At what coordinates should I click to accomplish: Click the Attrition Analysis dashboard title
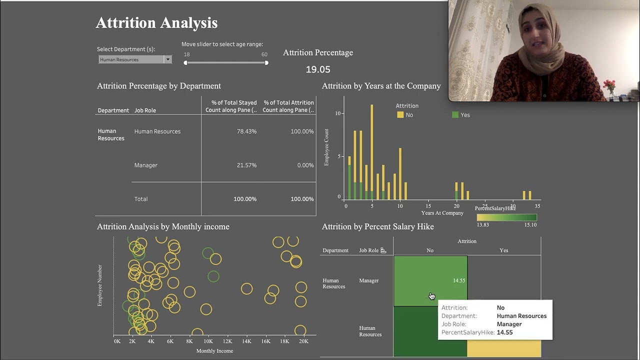click(x=156, y=23)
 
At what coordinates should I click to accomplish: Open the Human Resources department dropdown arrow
click(x=168, y=59)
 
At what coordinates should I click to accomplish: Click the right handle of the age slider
click(x=266, y=63)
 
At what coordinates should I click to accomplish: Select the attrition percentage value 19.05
click(x=318, y=69)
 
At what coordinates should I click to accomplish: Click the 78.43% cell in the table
click(x=246, y=131)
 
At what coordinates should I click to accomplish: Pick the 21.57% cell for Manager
click(x=246, y=165)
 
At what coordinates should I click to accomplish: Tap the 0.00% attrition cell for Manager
click(x=305, y=165)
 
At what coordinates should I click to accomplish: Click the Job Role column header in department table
click(x=145, y=110)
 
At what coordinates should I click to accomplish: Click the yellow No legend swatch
click(x=400, y=115)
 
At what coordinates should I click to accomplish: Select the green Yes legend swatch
click(x=455, y=115)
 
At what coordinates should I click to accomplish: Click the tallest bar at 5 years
click(x=371, y=150)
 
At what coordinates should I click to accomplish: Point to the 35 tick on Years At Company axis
click(x=537, y=206)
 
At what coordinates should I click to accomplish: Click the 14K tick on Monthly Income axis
click(x=246, y=341)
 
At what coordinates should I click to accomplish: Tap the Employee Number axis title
click(x=100, y=285)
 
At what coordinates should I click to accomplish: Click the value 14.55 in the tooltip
click(x=504, y=332)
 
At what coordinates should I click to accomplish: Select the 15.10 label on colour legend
click(x=530, y=225)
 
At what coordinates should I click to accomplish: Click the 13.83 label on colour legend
click(x=483, y=225)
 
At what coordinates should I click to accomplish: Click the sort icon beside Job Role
click(x=383, y=250)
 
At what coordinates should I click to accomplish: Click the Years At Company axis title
click(x=442, y=213)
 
